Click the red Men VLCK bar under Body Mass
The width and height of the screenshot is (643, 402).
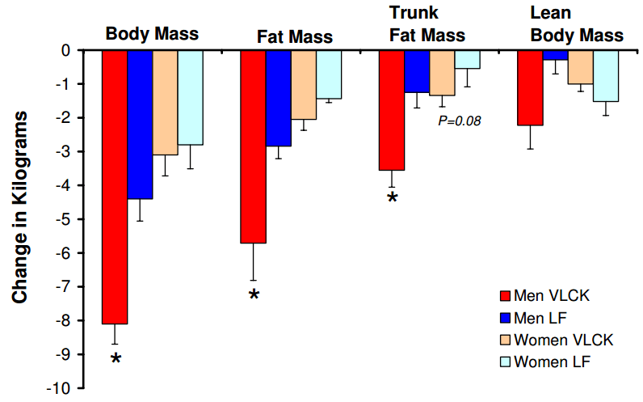pos(115,186)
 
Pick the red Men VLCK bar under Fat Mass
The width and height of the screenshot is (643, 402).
pos(254,146)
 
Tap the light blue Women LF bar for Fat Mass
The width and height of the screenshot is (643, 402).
pos(329,74)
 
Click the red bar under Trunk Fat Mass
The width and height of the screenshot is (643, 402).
pos(392,110)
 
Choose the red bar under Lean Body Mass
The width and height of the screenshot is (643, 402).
pos(530,87)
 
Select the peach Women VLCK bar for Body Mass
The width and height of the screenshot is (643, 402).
pos(165,102)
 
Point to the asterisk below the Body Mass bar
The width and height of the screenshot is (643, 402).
pos(116,358)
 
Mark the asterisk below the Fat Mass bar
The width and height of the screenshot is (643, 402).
pos(254,296)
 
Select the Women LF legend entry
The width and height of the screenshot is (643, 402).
pos(553,361)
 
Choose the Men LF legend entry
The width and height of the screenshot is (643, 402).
pos(544,318)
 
